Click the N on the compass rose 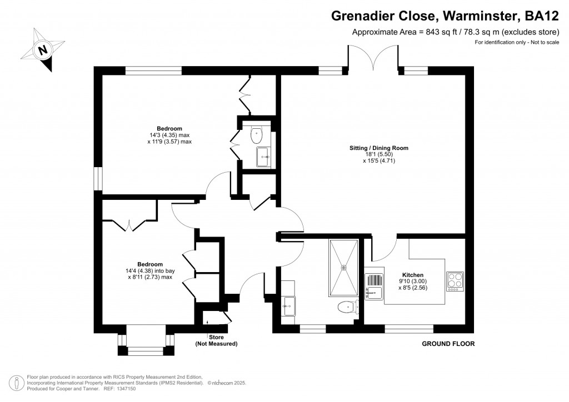pyautogui.click(x=43, y=49)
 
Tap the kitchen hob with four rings pyautogui.click(x=455, y=282)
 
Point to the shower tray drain pyautogui.click(x=343, y=268)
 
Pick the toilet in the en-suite pyautogui.click(x=256, y=135)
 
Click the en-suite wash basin pyautogui.click(x=263, y=157)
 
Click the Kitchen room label pyautogui.click(x=413, y=275)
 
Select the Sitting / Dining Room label pyautogui.click(x=379, y=148)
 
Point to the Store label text pyautogui.click(x=216, y=337)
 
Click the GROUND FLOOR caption pyautogui.click(x=448, y=344)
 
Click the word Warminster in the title pyautogui.click(x=478, y=16)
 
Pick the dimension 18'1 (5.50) pyautogui.click(x=379, y=154)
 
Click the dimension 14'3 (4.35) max pyautogui.click(x=169, y=135)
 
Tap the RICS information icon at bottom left pyautogui.click(x=17, y=383)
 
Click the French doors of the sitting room pyautogui.click(x=373, y=57)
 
